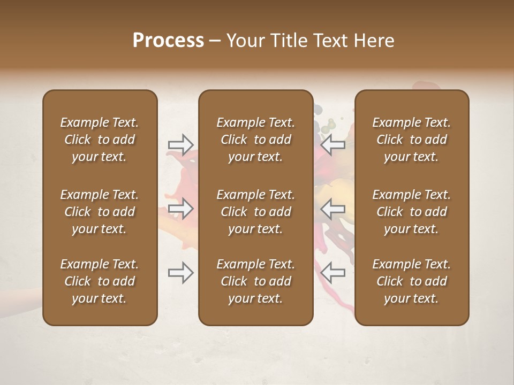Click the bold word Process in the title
coord(168,40)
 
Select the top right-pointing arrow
coord(181,144)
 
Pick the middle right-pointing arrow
coord(181,209)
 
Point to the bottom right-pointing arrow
coord(181,273)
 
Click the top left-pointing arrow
coord(332,144)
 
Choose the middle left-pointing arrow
coord(332,209)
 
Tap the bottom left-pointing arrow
coord(332,273)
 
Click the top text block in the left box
coord(100,140)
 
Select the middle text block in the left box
coord(100,212)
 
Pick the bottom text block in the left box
coord(100,281)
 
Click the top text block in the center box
coord(256,140)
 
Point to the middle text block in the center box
coord(256,212)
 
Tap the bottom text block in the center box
coord(256,281)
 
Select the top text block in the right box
coord(412,140)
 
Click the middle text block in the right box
coord(412,212)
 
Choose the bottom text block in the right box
coord(412,281)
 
